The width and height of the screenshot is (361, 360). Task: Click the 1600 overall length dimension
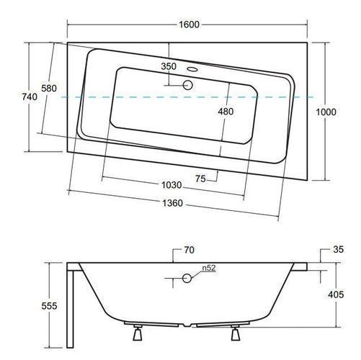tap(189, 24)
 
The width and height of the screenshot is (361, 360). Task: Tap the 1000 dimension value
tap(326, 112)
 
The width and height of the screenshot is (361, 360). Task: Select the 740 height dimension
tap(30, 96)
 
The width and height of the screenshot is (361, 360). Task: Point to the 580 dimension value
tap(49, 89)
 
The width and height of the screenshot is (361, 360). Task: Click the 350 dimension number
tap(169, 66)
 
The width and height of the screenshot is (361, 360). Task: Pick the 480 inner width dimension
tap(226, 112)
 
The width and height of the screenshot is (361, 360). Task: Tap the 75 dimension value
tap(200, 179)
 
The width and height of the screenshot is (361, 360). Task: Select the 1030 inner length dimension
tap(171, 185)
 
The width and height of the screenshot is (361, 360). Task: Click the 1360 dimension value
tap(172, 203)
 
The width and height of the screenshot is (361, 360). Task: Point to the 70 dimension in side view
tap(190, 250)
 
